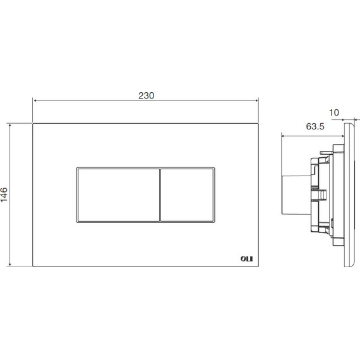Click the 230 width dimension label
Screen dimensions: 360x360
(147, 95)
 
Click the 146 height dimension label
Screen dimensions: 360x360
(4, 195)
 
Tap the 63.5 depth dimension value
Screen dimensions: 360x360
(315, 126)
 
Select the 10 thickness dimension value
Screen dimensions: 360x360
(334, 112)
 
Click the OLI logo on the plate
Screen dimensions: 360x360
(246, 259)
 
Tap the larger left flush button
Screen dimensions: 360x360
(119, 195)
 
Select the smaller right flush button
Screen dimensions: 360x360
(187, 195)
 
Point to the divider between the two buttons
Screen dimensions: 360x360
(160, 195)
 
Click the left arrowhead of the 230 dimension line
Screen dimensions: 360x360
(35, 100)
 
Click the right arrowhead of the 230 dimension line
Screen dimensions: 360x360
(257, 100)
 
